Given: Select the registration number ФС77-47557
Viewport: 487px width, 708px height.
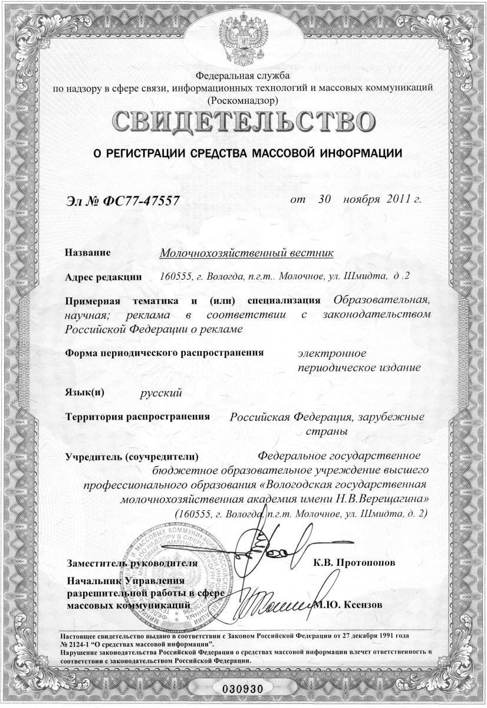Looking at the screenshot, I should click(137, 202).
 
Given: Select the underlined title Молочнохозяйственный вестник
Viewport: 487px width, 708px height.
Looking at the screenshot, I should click(247, 253).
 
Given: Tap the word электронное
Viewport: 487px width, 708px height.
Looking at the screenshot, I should click(332, 353).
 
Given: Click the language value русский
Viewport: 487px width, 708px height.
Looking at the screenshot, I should click(160, 391).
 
